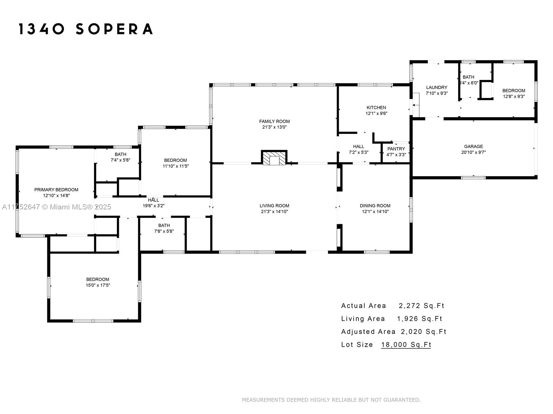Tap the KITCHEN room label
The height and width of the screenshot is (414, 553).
coord(376,108)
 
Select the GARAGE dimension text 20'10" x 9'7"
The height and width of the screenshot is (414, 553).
coord(473,152)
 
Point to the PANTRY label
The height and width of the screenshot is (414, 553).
coord(396,149)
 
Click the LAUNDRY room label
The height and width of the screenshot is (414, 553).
coord(437,88)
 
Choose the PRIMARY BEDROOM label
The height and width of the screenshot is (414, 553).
coord(56,190)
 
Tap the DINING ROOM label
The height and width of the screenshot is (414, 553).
coord(375,206)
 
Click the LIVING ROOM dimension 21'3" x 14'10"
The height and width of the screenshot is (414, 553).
coord(274,211)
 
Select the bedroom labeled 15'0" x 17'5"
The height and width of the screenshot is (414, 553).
coord(98,282)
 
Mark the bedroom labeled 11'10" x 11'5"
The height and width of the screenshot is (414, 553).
coord(176,163)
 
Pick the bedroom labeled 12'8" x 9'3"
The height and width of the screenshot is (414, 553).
coord(514,93)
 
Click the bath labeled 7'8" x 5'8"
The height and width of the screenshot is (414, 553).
coord(164,228)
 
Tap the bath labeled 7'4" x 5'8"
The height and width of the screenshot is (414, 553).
coord(120,157)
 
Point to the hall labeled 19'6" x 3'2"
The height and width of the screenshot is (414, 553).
coord(153,203)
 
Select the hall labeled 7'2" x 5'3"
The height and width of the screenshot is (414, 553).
coord(358,149)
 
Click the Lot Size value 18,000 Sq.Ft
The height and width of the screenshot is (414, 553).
coord(406,344)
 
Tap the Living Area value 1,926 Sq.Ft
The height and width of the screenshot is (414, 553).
coord(420,319)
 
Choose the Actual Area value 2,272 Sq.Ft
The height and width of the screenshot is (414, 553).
coord(421,306)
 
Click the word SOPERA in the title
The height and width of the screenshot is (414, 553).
coord(114,29)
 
